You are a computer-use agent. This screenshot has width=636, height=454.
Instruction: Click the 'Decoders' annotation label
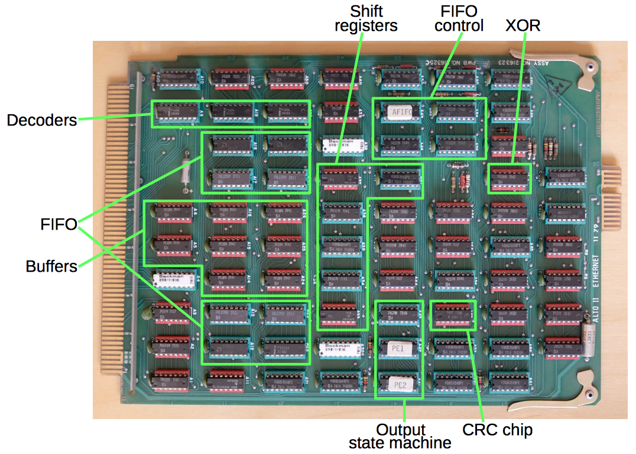tap(42, 120)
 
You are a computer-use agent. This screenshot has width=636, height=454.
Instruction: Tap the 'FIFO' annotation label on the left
tap(59, 225)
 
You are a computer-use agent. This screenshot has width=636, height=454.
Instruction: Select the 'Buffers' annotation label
tap(51, 266)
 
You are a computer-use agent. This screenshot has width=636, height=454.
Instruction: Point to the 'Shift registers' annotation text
tap(365, 18)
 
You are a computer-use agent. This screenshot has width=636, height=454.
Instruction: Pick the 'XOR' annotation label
tap(523, 25)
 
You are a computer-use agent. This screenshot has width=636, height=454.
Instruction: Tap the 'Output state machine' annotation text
tap(400, 436)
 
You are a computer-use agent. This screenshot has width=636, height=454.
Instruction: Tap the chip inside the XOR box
tap(510, 178)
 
